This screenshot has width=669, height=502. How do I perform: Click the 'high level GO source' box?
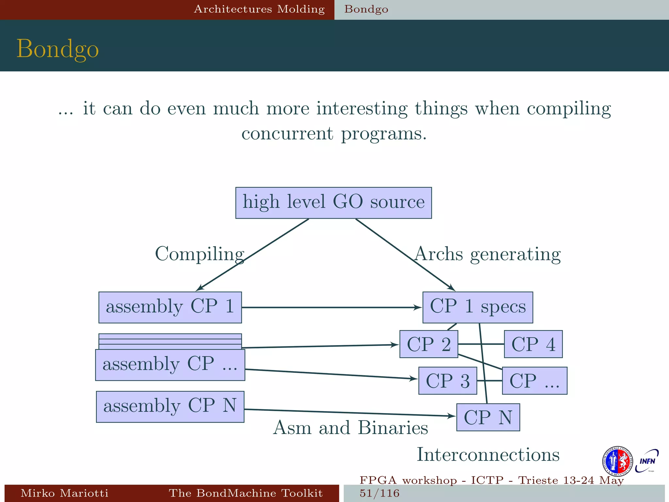(334, 203)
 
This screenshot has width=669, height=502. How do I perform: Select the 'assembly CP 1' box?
(170, 307)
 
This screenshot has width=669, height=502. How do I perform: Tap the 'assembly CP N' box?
(170, 407)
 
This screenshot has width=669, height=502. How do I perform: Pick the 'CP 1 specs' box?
(478, 307)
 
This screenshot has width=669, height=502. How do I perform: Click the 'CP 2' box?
(429, 344)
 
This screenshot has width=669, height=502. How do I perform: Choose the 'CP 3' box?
(448, 381)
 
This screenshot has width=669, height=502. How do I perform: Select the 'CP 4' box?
(533, 344)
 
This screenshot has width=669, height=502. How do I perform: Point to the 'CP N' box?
(488, 417)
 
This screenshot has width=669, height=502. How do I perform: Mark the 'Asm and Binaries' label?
(350, 427)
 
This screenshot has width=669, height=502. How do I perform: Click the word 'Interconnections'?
(488, 455)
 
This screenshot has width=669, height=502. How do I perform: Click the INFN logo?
(647, 461)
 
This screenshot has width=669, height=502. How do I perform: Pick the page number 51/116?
(379, 493)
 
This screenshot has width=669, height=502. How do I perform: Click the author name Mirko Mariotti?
(64, 493)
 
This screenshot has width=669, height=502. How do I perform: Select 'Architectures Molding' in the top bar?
(259, 9)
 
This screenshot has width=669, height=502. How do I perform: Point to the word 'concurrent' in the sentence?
(287, 133)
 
